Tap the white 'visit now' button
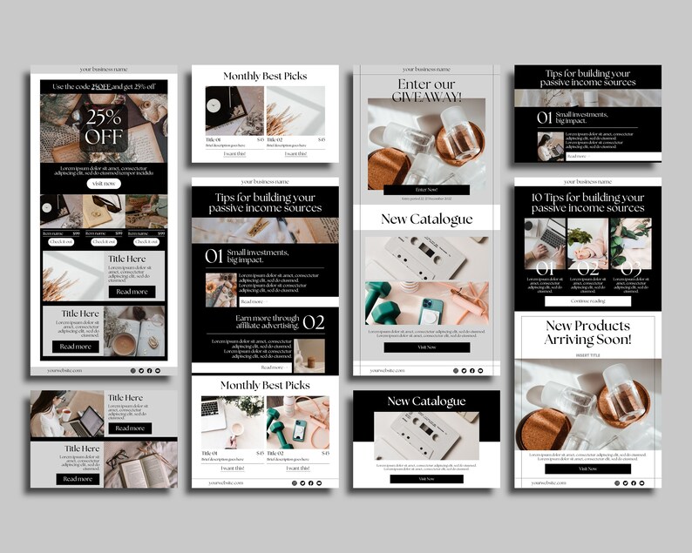(104, 184)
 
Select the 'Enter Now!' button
(426, 190)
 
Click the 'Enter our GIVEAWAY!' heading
(426, 90)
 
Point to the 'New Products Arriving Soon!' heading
(587, 332)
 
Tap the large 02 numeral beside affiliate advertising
(313, 323)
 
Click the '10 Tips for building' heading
(587, 203)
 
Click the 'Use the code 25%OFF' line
(104, 86)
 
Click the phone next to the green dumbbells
(299, 428)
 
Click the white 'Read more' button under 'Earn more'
(271, 368)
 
